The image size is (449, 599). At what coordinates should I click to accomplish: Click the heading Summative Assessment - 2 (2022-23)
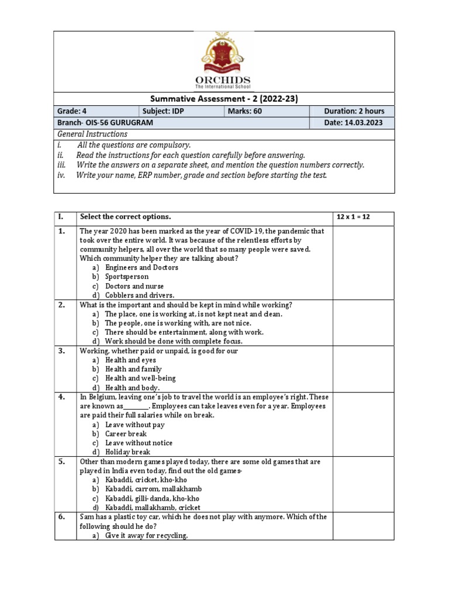[224, 99]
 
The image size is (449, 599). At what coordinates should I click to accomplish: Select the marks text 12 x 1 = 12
[353, 217]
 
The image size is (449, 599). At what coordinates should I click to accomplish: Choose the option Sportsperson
[127, 277]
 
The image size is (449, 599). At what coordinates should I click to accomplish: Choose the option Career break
[126, 434]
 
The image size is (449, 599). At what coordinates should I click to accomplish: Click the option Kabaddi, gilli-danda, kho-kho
[156, 498]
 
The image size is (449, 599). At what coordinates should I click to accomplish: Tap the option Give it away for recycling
[146, 535]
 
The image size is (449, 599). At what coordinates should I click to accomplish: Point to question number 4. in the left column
[61, 397]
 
